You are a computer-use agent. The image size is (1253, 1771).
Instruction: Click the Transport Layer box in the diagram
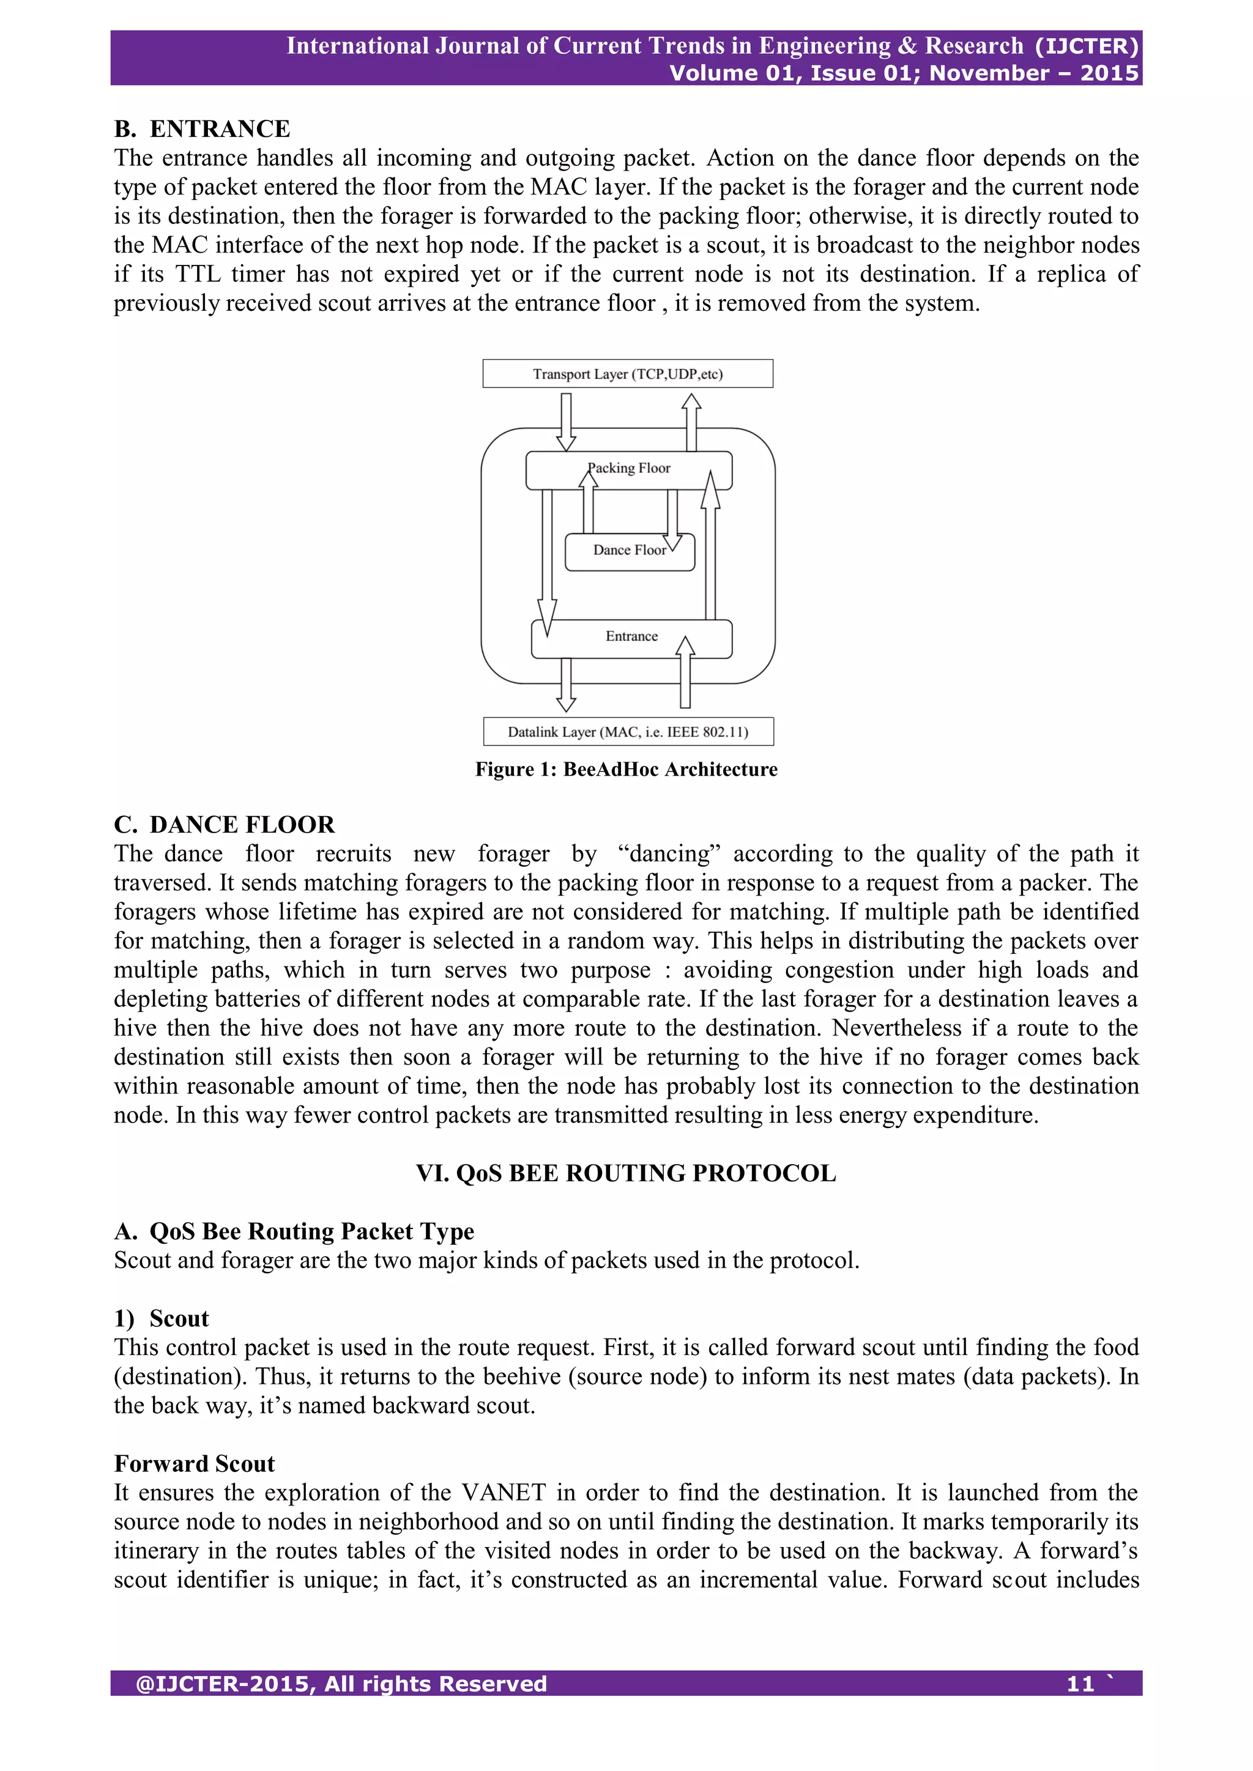tap(627, 373)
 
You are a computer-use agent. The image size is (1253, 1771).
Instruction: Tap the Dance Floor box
tap(629, 551)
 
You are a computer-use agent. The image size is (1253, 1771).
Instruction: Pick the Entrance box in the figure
tap(631, 636)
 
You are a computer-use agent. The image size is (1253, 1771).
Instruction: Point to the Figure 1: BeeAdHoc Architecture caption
tap(626, 769)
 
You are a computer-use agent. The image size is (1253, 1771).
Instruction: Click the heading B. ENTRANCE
tap(202, 128)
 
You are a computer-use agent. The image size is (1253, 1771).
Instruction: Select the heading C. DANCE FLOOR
tap(224, 825)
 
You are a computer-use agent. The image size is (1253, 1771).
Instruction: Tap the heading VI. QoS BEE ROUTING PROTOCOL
tap(626, 1173)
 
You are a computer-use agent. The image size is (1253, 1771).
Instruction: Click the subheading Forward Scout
tap(195, 1463)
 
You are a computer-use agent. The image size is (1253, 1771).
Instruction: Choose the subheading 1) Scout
tap(162, 1318)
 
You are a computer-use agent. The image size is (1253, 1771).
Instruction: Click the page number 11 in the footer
tap(1080, 1684)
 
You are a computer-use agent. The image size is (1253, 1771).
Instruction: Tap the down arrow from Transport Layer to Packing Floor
tap(567, 421)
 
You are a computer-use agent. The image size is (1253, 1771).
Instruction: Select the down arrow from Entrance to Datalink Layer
tap(567, 684)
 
